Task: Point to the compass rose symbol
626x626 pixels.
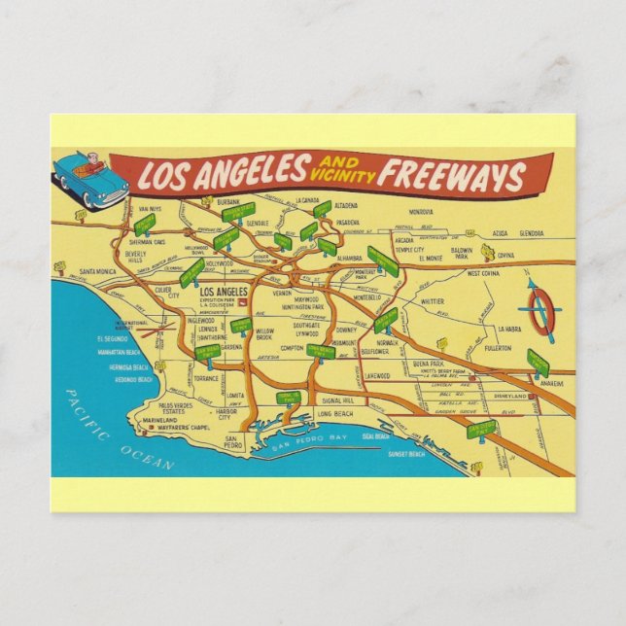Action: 538,311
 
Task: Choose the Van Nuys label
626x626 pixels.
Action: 149,209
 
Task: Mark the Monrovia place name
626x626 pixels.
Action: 420,211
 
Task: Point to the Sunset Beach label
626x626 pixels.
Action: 406,454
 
